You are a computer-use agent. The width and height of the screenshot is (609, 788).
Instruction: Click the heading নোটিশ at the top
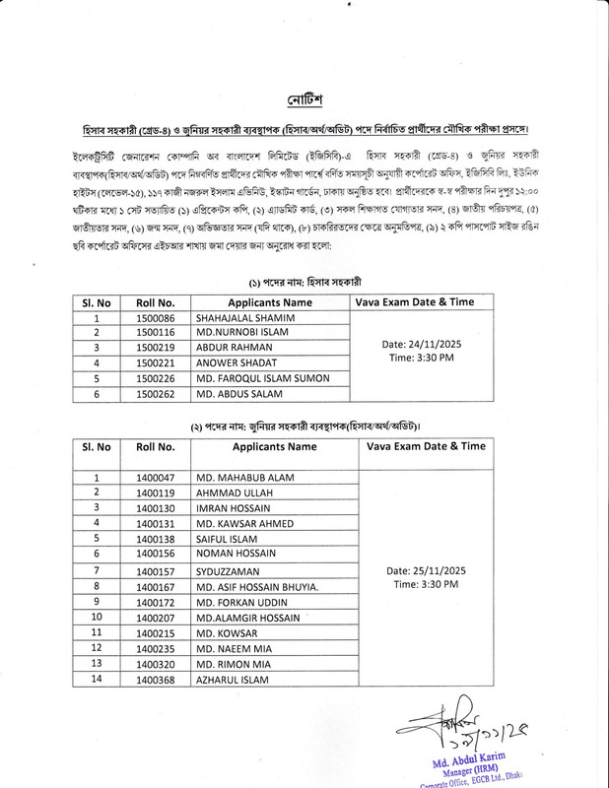(x=305, y=100)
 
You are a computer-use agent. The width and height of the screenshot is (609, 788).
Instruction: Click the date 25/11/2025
(x=426, y=570)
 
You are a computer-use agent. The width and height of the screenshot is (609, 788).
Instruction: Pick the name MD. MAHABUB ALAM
(x=241, y=477)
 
